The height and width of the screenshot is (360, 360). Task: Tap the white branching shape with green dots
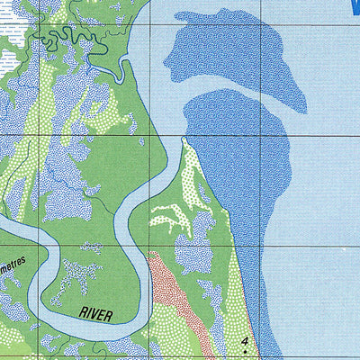[x=171, y=216]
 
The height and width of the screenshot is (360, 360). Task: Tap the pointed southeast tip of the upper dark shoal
[x=302, y=112]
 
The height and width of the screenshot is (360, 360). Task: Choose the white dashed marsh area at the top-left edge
[x=7, y=58]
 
